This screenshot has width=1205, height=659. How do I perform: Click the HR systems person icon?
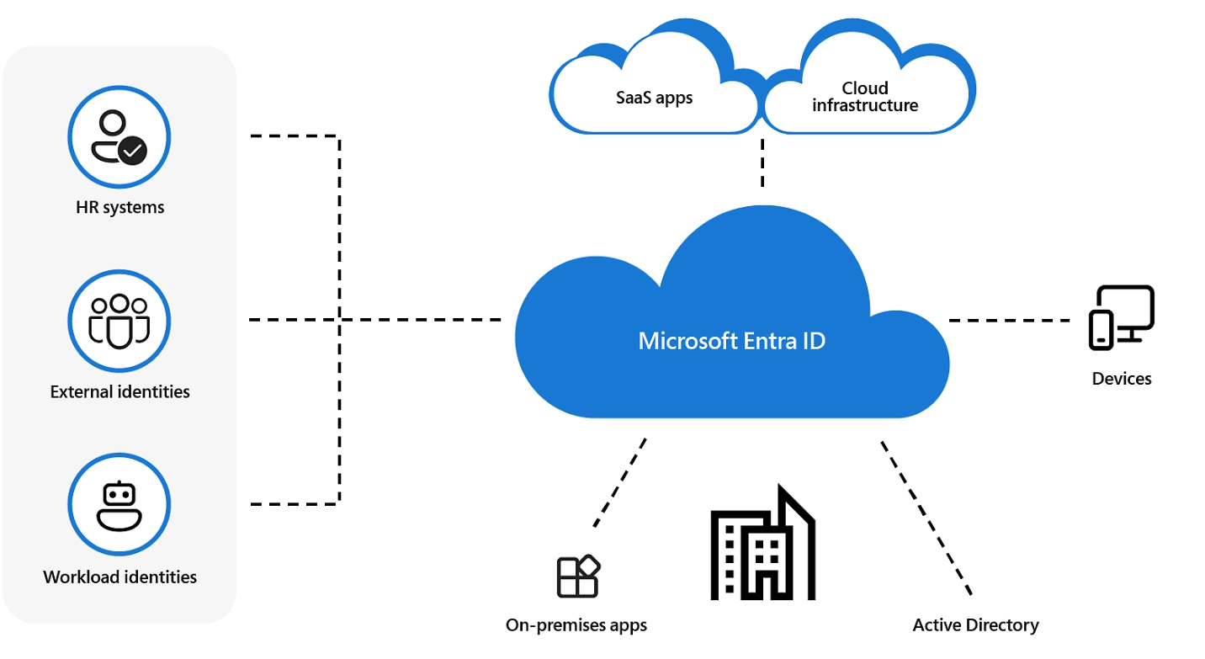(x=119, y=136)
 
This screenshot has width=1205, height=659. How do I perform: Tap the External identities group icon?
(x=119, y=321)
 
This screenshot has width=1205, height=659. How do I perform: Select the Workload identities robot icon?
(x=119, y=505)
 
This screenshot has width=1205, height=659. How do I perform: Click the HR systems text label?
(x=119, y=207)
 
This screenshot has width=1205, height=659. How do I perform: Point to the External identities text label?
(x=119, y=391)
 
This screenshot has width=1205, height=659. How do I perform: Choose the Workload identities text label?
(x=119, y=577)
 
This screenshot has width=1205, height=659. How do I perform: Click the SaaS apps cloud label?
(x=654, y=98)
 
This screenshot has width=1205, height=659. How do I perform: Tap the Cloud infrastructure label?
(x=864, y=97)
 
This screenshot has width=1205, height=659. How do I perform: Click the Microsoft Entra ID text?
(x=731, y=341)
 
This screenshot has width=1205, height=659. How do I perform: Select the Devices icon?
(x=1121, y=317)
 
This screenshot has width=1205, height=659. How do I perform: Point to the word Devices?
(x=1121, y=379)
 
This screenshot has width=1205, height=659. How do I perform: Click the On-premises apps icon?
(x=578, y=576)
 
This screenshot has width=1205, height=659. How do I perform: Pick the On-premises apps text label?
(x=576, y=625)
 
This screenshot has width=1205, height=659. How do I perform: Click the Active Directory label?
(x=975, y=625)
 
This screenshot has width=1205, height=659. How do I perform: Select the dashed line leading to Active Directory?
(x=926, y=517)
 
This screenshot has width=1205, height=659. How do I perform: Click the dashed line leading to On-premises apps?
(x=620, y=481)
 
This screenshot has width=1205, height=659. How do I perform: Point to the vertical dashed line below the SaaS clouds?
(x=762, y=162)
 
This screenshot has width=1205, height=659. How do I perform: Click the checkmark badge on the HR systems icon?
(x=132, y=151)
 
